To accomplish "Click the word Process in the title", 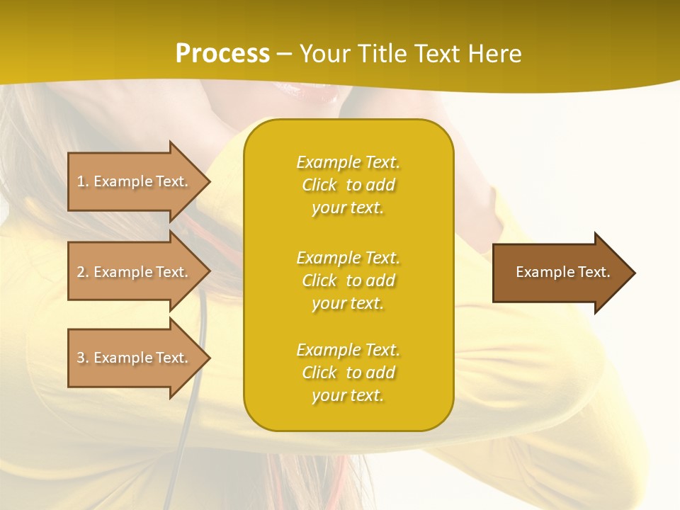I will click(222, 54).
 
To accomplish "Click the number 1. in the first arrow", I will click(83, 181).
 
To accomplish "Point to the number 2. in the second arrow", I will click(83, 272).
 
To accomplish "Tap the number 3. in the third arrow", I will click(83, 358).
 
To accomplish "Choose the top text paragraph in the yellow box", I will click(348, 185).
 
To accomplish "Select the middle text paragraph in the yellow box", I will click(348, 280).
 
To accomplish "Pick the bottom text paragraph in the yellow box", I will click(348, 373).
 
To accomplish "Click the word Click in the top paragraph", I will click(319, 185).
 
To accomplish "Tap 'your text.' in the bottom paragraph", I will click(348, 395).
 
